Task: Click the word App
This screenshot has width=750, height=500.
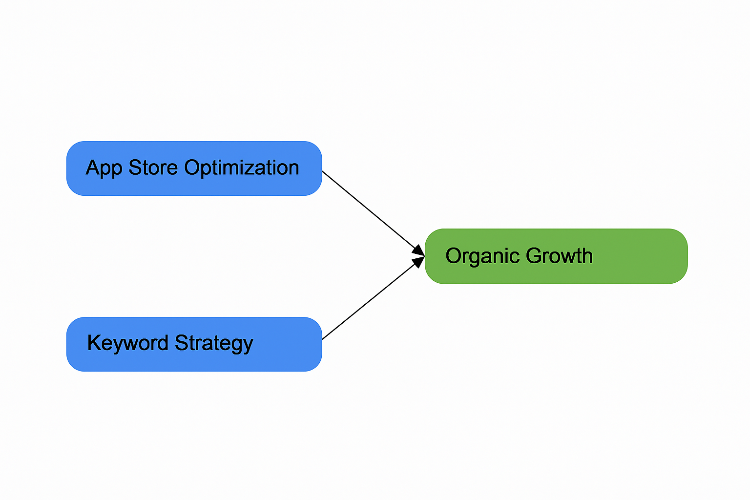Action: click(104, 168)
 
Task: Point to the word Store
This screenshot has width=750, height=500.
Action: click(153, 167)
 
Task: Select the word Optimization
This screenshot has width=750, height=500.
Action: click(242, 168)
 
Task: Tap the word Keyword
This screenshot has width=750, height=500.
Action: click(128, 343)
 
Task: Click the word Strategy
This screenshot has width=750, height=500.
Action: click(214, 343)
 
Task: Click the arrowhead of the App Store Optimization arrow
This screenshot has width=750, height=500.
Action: click(418, 250)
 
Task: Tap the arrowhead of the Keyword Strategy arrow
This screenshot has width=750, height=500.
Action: click(418, 262)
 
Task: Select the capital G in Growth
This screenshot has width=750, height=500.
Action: click(534, 256)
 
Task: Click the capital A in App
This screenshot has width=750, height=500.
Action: click(92, 167)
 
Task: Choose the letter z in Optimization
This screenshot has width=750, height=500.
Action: click(254, 169)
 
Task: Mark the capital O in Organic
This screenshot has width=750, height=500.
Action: click(454, 256)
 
